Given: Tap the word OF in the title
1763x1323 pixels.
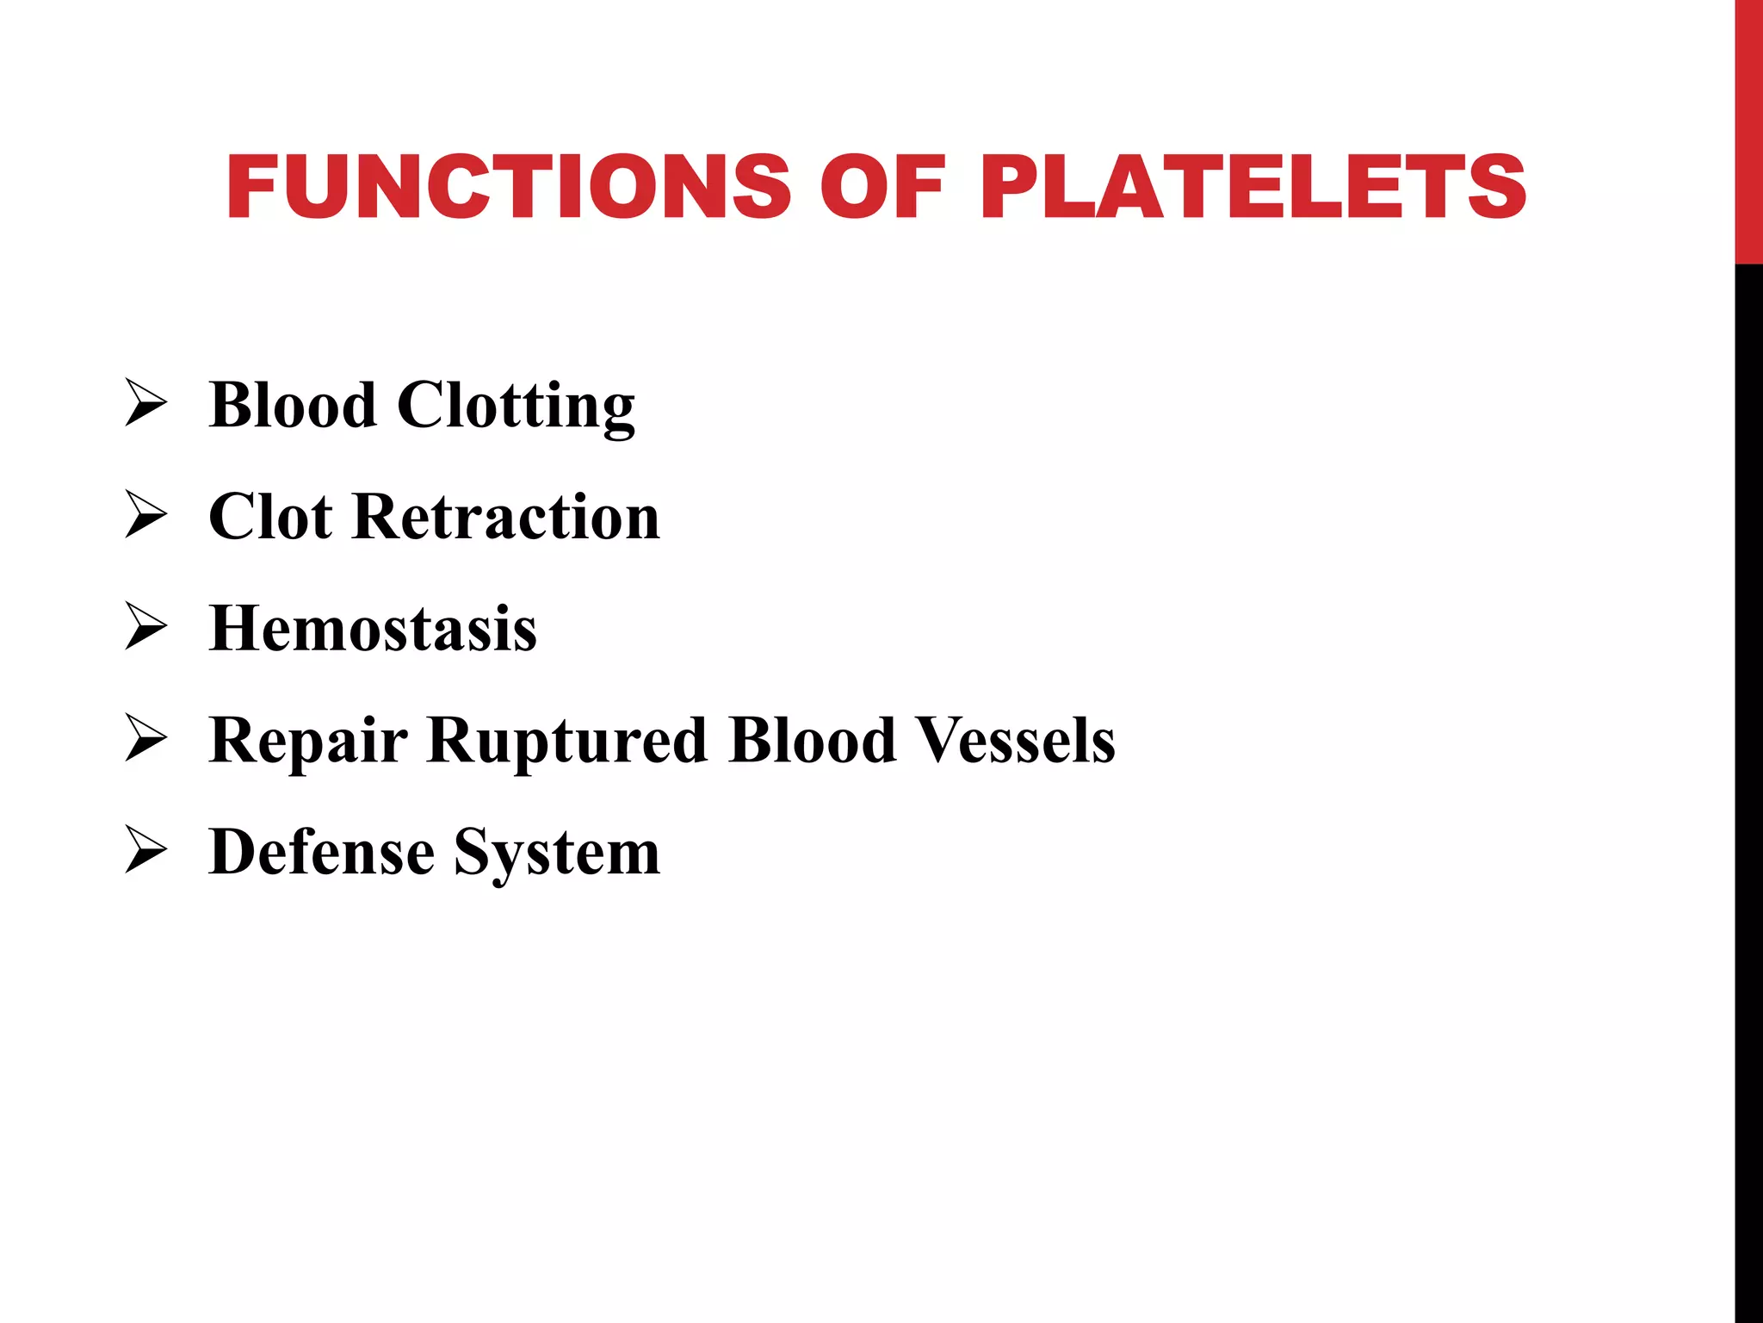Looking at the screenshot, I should click(882, 187).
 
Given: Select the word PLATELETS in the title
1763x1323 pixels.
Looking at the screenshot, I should click(1253, 187).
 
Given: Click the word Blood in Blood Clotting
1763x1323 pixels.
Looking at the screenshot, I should click(293, 404).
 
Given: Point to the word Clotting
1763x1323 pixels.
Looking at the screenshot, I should click(516, 406).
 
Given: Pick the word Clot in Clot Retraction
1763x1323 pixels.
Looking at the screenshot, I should click(270, 517).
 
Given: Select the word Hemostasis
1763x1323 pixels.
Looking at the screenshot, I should click(373, 628).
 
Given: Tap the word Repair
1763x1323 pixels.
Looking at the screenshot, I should click(308, 741).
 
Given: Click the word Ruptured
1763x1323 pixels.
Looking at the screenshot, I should click(567, 741).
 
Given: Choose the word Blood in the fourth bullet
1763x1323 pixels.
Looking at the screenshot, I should click(812, 740).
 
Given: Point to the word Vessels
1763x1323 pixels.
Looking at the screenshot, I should click(1015, 740).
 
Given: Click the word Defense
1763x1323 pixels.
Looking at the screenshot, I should click(322, 852).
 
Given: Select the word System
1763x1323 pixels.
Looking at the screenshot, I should click(557, 854).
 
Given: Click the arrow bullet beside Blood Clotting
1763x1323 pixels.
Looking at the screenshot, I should click(145, 402).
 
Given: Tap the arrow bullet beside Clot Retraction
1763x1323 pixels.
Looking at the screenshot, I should click(145, 514).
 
